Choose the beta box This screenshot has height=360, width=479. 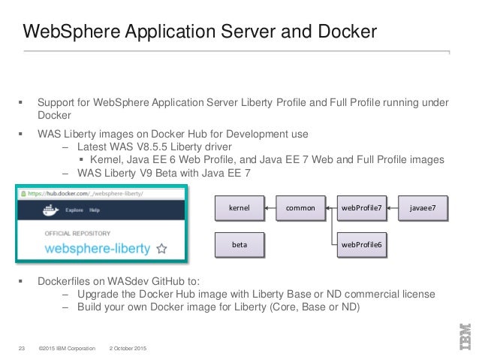pyautogui.click(x=240, y=244)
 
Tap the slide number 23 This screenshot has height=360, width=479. pyautogui.click(x=22, y=346)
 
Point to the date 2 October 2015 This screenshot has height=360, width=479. pyautogui.click(x=128, y=346)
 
